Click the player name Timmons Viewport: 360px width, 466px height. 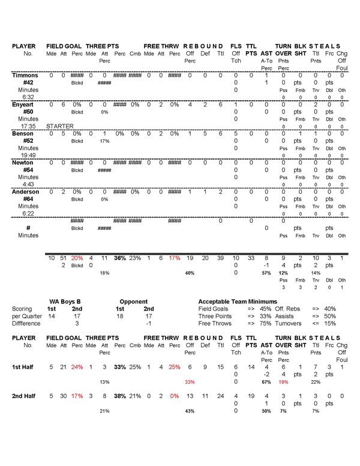coord(24,75)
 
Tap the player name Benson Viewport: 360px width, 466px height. coord(23,133)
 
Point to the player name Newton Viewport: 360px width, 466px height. coord(23,162)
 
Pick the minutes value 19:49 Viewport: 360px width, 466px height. coord(28,155)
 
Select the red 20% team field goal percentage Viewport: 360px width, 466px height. coord(77,258)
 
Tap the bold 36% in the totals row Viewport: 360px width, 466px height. coord(119,258)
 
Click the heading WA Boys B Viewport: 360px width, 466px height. coord(65,301)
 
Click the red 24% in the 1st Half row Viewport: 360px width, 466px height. coord(77,366)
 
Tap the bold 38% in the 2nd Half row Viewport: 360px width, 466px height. coord(119,396)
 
